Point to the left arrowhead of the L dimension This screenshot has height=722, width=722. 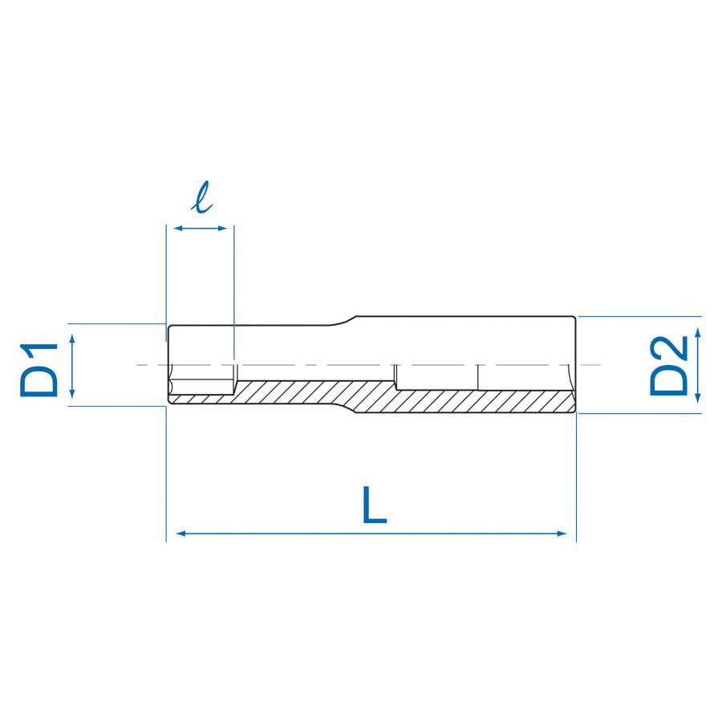[x=180, y=533]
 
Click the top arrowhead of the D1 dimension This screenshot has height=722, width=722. [x=73, y=339]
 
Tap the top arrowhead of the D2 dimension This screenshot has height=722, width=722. [x=698, y=332]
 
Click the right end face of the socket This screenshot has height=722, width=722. [x=575, y=365]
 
